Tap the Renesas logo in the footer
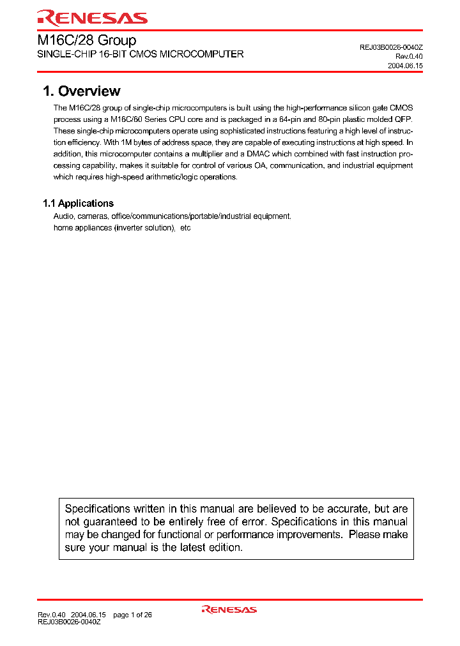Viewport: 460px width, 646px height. tap(229, 610)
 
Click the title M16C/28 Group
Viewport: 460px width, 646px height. tap(86, 40)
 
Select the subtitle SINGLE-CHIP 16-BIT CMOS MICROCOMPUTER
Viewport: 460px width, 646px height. tap(140, 55)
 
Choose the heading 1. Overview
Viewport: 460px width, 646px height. tap(81, 91)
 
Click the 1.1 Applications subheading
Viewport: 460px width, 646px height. tap(78, 203)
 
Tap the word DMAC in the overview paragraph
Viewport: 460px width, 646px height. tap(264, 154)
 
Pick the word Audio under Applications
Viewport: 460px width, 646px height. tap(63, 216)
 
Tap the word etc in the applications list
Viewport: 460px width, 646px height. tap(185, 228)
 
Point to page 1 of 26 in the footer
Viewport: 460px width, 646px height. tap(132, 615)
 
